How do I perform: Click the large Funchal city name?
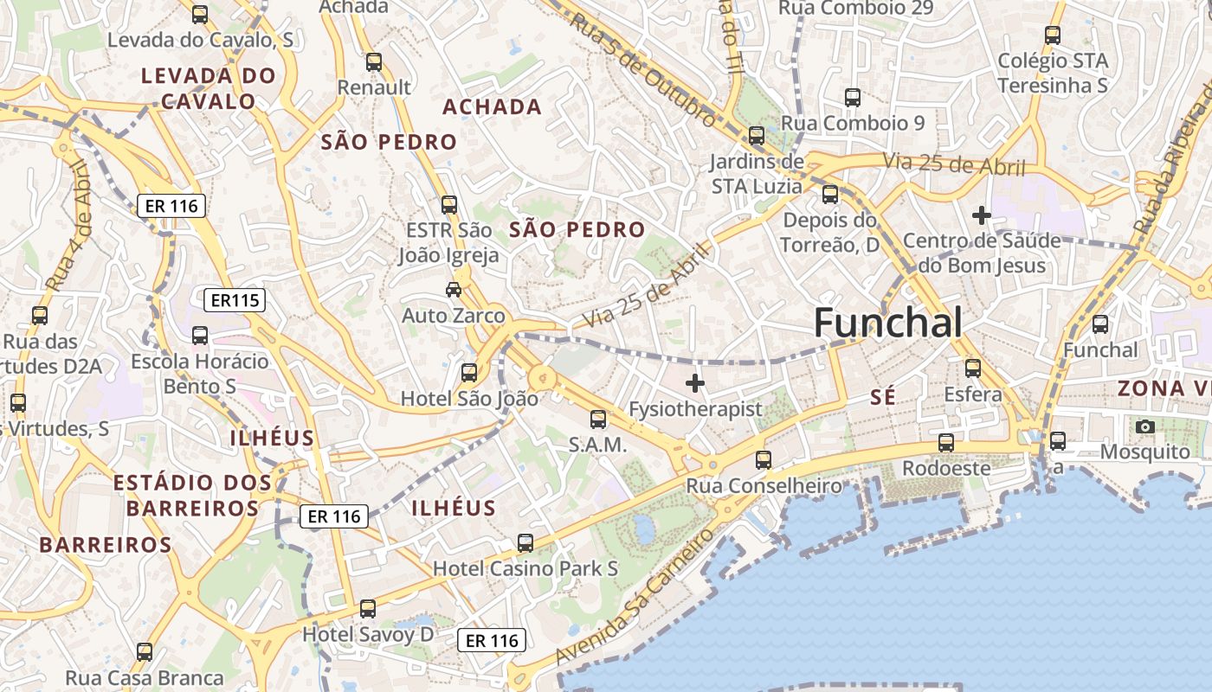pyautogui.click(x=887, y=324)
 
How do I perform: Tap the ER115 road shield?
pyautogui.click(x=235, y=300)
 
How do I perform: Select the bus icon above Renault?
pyautogui.click(x=374, y=62)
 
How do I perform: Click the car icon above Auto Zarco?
pyautogui.click(x=454, y=289)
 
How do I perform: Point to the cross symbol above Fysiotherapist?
pyautogui.click(x=694, y=382)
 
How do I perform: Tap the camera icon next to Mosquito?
pyautogui.click(x=1144, y=426)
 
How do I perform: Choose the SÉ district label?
pyautogui.click(x=882, y=397)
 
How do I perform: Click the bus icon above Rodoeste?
pyautogui.click(x=946, y=443)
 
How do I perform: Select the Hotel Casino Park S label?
pyautogui.click(x=525, y=568)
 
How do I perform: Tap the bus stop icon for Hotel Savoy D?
pyautogui.click(x=368, y=609)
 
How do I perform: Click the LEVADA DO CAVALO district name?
pyautogui.click(x=209, y=88)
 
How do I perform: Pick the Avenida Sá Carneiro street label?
pyautogui.click(x=635, y=598)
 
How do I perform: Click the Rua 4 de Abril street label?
pyautogui.click(x=70, y=225)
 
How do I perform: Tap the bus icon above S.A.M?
pyautogui.click(x=597, y=420)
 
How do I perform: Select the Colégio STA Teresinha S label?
pyautogui.click(x=1053, y=73)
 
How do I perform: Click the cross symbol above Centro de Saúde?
pyautogui.click(x=981, y=215)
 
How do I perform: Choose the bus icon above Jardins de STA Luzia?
pyautogui.click(x=757, y=136)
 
